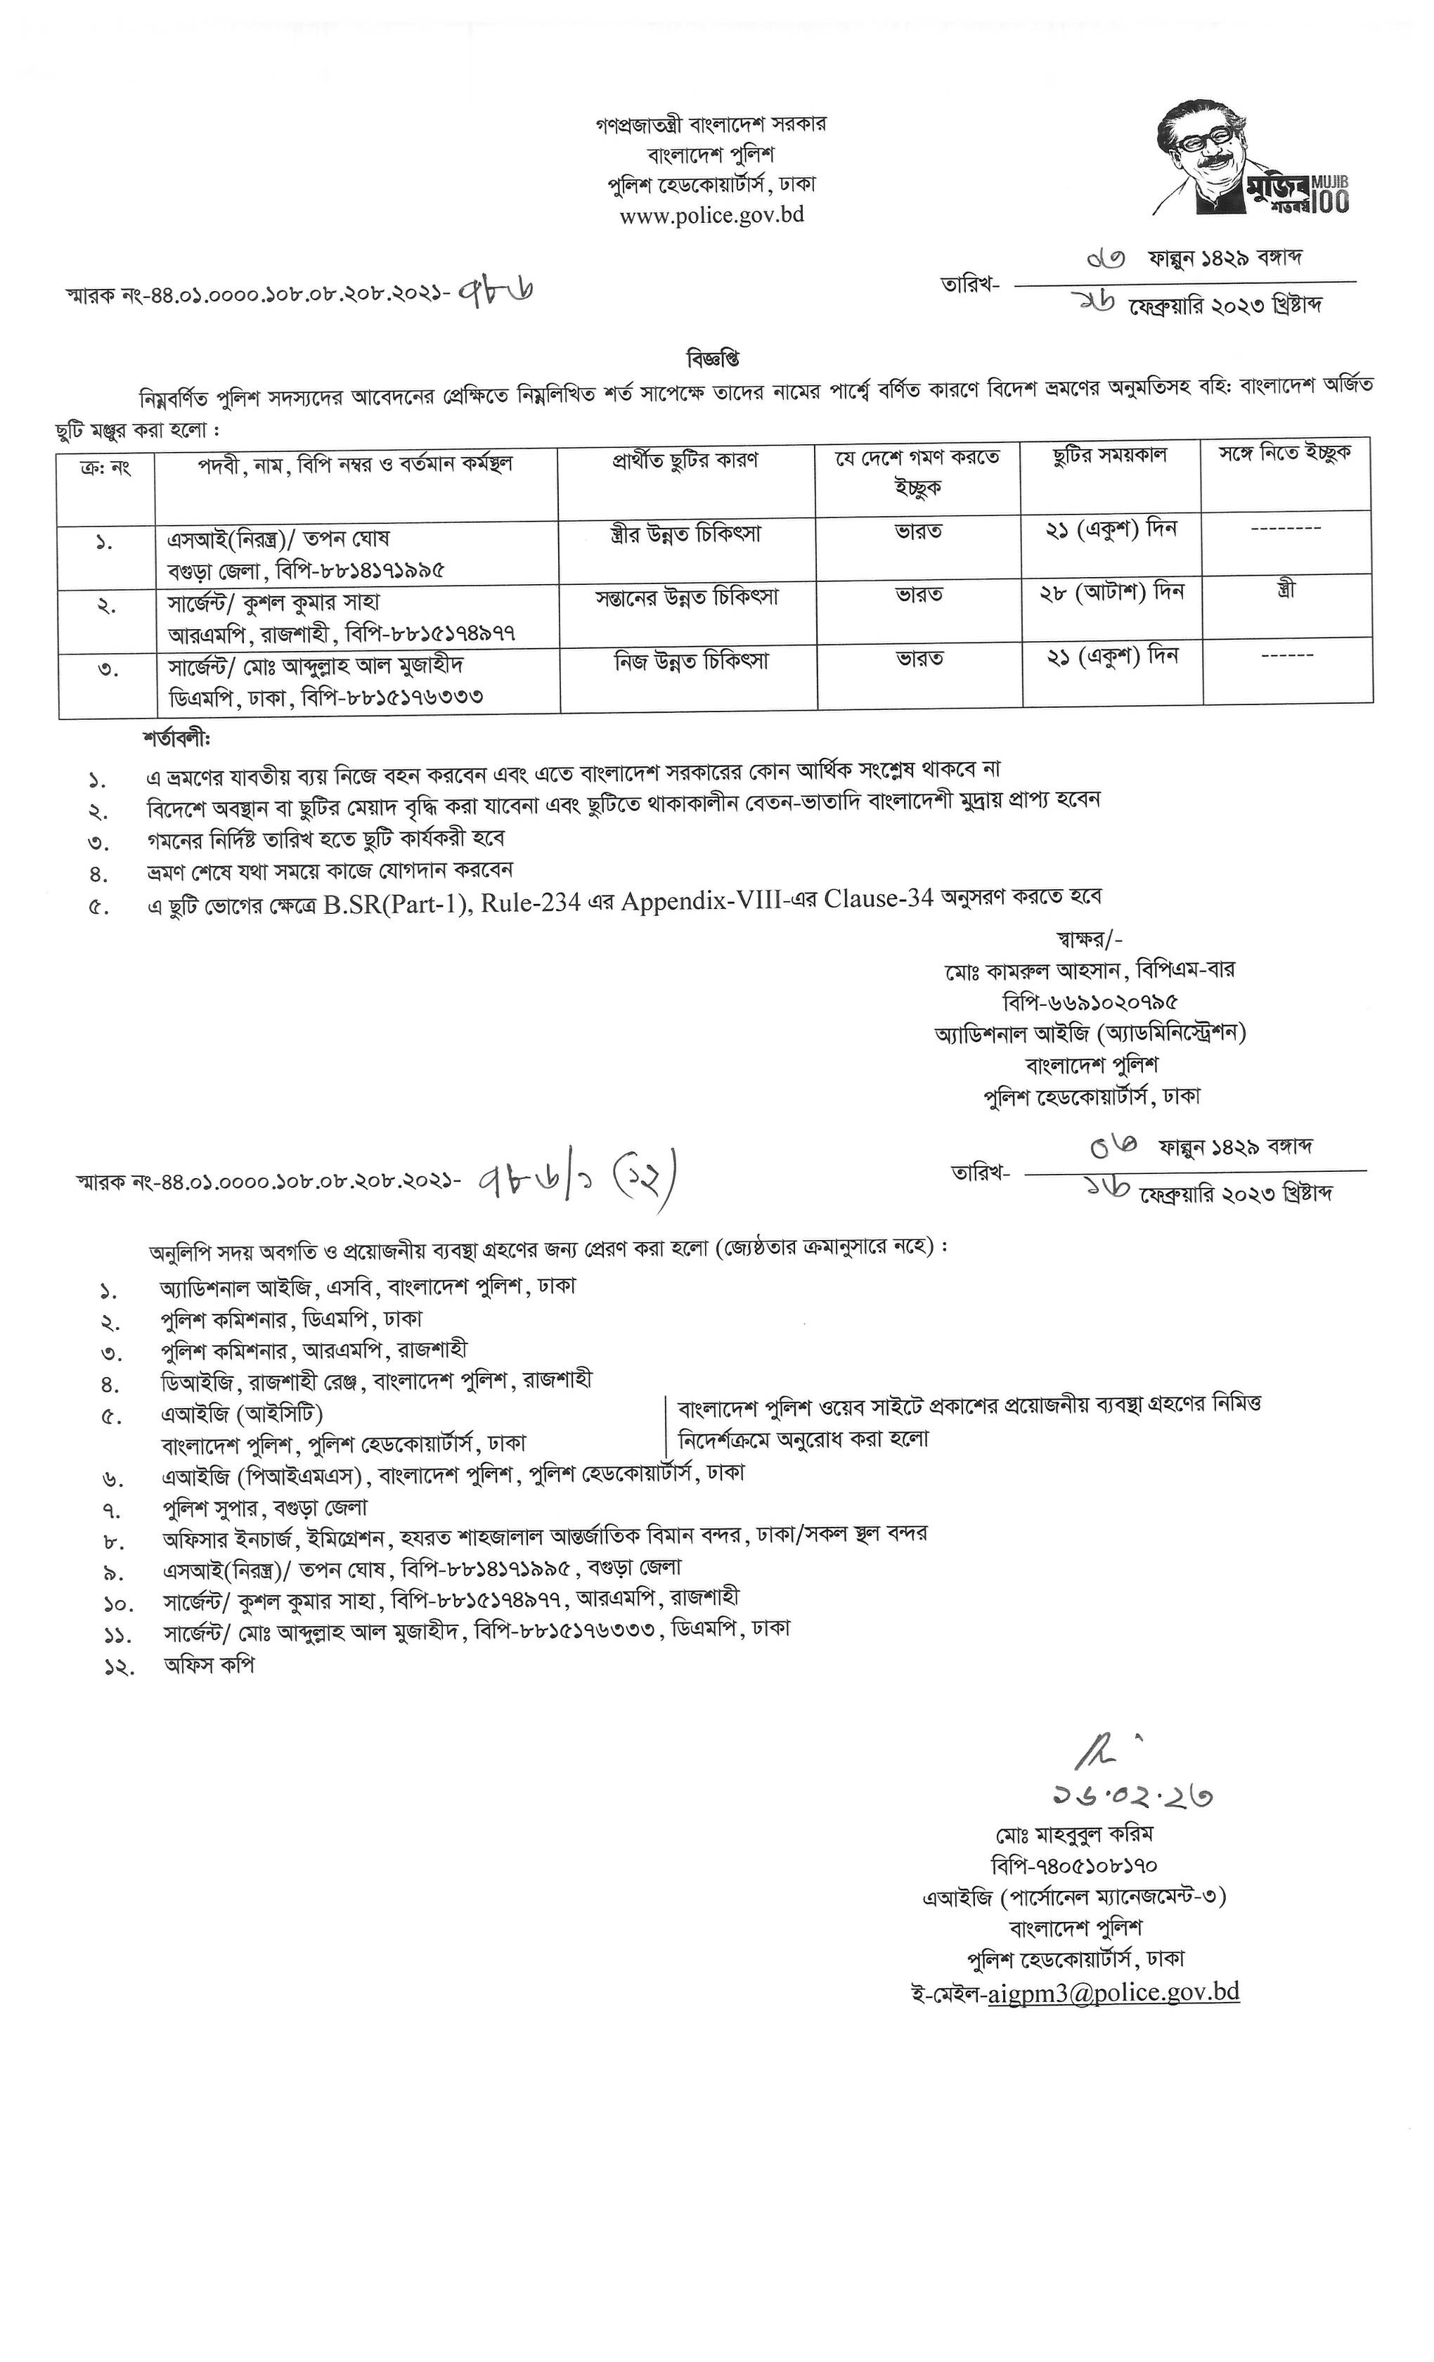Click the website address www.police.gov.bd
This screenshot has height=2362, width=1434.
(x=711, y=214)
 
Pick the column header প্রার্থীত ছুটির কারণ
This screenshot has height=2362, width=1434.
(x=685, y=460)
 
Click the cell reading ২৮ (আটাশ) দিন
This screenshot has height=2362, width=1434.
(x=1112, y=593)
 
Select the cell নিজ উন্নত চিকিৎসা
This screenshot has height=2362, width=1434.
(x=690, y=661)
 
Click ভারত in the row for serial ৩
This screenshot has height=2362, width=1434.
(x=919, y=659)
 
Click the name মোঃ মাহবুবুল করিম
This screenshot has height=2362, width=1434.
(x=1073, y=1835)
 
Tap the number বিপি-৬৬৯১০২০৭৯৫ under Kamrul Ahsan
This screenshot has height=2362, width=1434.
(x=1090, y=1002)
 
